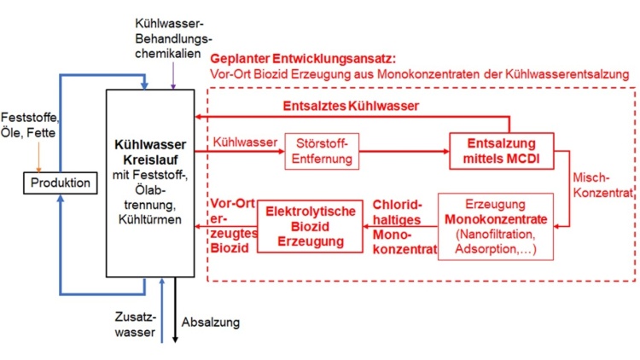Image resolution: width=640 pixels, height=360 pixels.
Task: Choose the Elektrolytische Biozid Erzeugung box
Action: pyautogui.click(x=305, y=224)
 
